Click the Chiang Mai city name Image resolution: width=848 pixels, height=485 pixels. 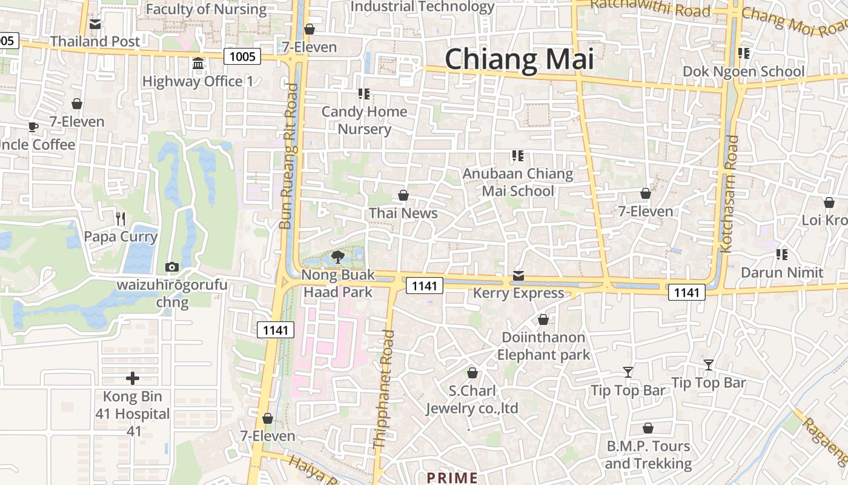click(x=519, y=59)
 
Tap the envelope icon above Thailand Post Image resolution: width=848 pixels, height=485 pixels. click(x=95, y=24)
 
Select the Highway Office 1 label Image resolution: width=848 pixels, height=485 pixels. click(x=197, y=81)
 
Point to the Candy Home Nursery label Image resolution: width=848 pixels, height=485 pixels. click(x=364, y=120)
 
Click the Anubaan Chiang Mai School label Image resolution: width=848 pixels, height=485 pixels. click(x=518, y=182)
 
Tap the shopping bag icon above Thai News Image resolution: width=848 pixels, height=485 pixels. click(x=403, y=195)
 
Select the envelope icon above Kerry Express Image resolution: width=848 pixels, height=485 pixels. click(x=518, y=276)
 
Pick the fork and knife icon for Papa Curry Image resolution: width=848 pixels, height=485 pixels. click(x=121, y=218)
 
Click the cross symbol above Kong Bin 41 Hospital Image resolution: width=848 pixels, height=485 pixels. click(x=133, y=379)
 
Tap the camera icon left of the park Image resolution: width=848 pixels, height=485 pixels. click(x=172, y=267)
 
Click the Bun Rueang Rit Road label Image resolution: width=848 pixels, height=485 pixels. click(x=289, y=156)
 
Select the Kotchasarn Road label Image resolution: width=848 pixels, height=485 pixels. click(x=729, y=194)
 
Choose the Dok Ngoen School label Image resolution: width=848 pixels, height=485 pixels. click(x=743, y=72)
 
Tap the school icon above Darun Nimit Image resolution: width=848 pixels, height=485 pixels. click(x=782, y=255)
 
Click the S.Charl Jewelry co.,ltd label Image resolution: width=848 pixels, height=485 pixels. click(x=472, y=400)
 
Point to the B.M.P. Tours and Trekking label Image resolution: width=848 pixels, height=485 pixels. click(x=648, y=455)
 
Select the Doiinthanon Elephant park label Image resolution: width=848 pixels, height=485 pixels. click(x=543, y=346)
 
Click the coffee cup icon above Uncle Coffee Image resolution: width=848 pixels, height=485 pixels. click(x=33, y=127)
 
